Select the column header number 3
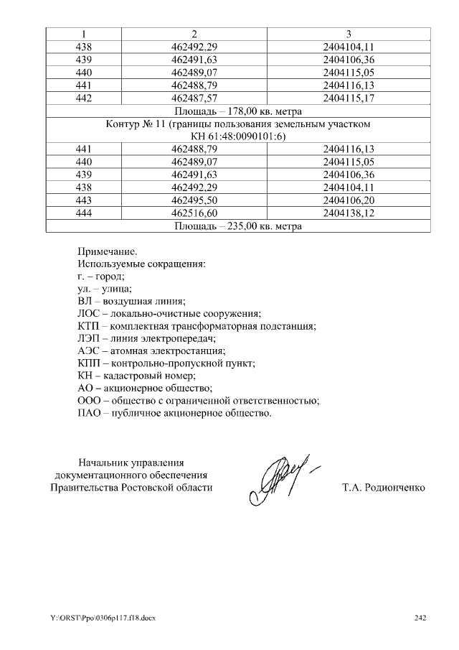(x=349, y=34)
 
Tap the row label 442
(x=83, y=98)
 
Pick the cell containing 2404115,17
(x=349, y=98)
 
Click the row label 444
(x=83, y=213)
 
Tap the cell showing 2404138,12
(x=349, y=213)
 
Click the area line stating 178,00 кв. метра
(x=238, y=111)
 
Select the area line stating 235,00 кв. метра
(x=238, y=226)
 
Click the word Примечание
(x=106, y=251)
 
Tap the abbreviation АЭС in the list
(x=87, y=351)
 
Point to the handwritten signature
(x=280, y=479)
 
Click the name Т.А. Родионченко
(x=384, y=488)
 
